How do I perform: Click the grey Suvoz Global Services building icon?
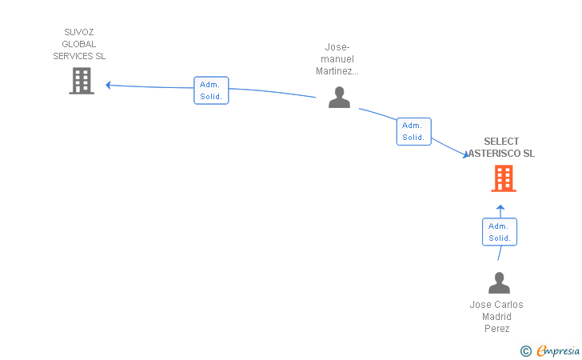pyautogui.click(x=82, y=81)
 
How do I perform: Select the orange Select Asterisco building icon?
pyautogui.click(x=503, y=178)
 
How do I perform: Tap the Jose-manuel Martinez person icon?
pyautogui.click(x=340, y=98)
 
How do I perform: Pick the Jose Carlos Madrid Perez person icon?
pyautogui.click(x=499, y=283)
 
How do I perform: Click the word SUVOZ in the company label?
pyautogui.click(x=79, y=32)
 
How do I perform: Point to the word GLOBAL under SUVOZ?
pyautogui.click(x=79, y=44)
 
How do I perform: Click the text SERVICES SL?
pyautogui.click(x=79, y=56)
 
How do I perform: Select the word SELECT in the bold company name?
pyautogui.click(x=501, y=142)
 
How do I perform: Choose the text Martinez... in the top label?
pyautogui.click(x=340, y=71)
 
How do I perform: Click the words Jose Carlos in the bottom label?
pyautogui.click(x=496, y=305)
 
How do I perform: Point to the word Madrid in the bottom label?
pyautogui.click(x=496, y=317)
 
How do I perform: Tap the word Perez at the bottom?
pyautogui.click(x=496, y=329)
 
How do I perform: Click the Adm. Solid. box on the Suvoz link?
pyautogui.click(x=211, y=90)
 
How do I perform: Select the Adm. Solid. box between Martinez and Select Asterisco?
pyautogui.click(x=413, y=131)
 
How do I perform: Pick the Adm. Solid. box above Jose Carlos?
pyautogui.click(x=500, y=232)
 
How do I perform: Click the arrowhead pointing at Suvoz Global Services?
pyautogui.click(x=108, y=85)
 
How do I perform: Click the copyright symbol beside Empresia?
pyautogui.click(x=525, y=351)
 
